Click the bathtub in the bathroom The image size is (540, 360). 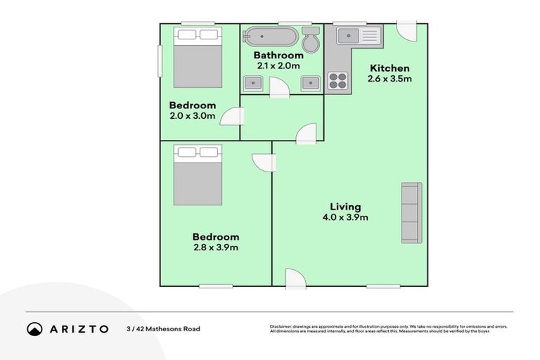click(271, 37)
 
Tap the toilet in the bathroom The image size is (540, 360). click(310, 40)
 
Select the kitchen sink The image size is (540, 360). click(358, 35)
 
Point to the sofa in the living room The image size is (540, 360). click(411, 212)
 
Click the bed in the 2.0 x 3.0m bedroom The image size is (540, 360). click(198, 57)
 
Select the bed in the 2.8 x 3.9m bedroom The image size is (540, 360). click(198, 174)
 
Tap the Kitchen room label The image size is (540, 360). click(390, 68)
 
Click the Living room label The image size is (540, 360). click(345, 207)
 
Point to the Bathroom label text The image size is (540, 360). click(278, 56)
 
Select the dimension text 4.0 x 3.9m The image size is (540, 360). click(345, 217)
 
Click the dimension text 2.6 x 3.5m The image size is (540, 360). click(390, 79)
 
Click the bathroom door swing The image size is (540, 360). click(278, 89)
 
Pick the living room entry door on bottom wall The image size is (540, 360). click(295, 278)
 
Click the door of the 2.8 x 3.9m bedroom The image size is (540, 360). click(264, 161)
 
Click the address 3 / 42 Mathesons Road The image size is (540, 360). click(163, 329)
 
